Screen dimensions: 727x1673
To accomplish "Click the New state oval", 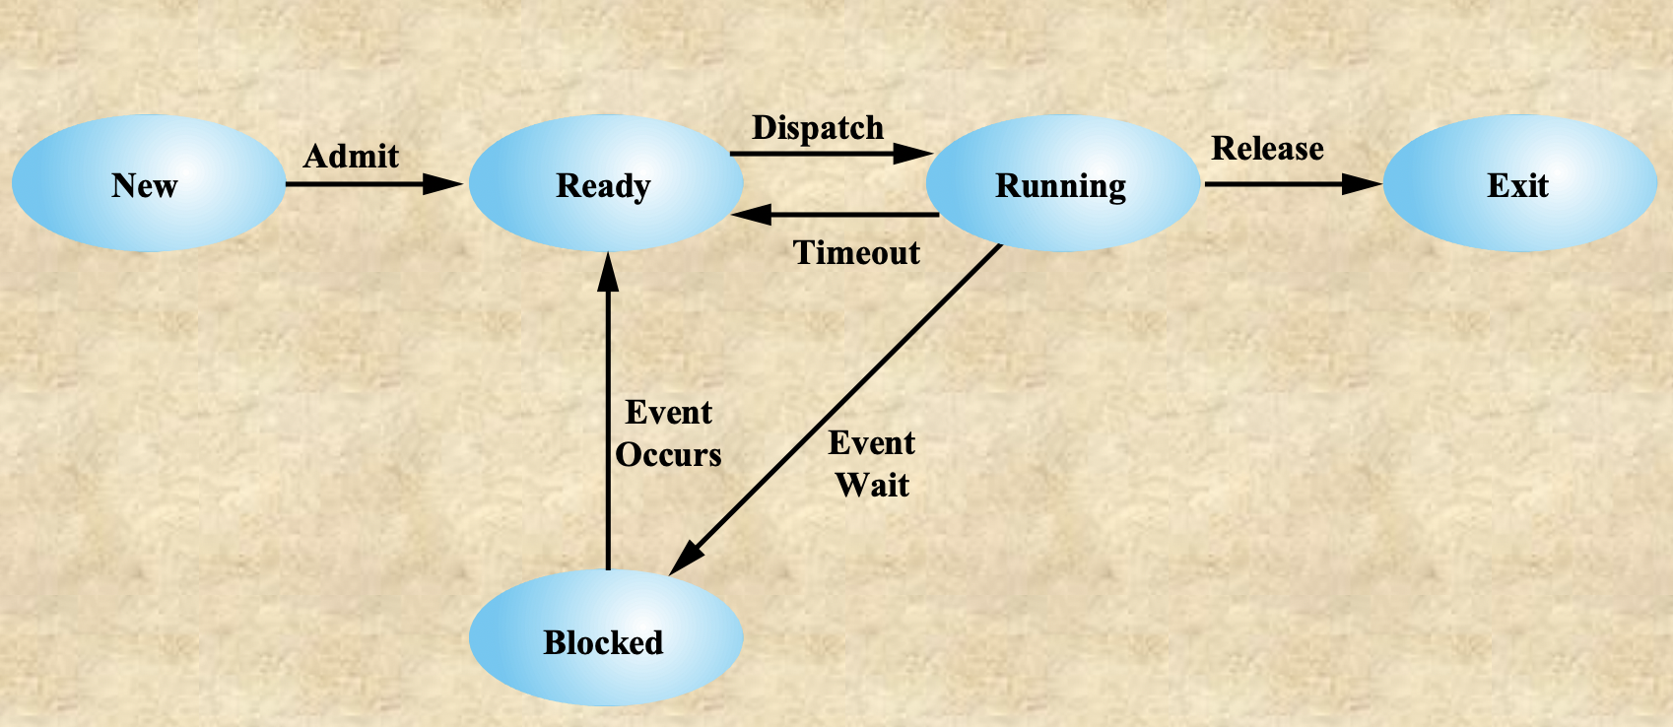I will pyautogui.click(x=148, y=184).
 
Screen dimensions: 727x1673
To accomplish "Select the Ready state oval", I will pyautogui.click(x=605, y=184).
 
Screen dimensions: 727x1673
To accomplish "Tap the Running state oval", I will pyautogui.click(x=1062, y=184).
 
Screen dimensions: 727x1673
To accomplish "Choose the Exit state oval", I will pyautogui.click(x=1519, y=184).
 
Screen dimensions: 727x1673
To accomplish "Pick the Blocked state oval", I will pyautogui.click(x=605, y=640).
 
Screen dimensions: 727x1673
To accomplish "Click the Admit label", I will pyautogui.click(x=351, y=156).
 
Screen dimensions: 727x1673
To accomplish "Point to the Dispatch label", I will pyautogui.click(x=818, y=127).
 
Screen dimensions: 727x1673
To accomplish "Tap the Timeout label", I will pyautogui.click(x=856, y=253).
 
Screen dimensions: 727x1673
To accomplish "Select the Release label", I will pyautogui.click(x=1267, y=148).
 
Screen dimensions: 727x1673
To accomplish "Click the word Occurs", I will pyautogui.click(x=669, y=455).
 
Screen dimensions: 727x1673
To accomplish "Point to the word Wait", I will pyautogui.click(x=872, y=485).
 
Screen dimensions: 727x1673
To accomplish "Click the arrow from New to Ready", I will pyautogui.click(x=365, y=183).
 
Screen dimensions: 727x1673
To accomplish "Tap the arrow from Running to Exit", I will pyautogui.click(x=1281, y=183).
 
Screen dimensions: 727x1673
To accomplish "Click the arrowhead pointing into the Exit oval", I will pyautogui.click(x=1363, y=183).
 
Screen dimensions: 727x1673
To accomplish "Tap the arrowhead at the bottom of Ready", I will pyautogui.click(x=608, y=271).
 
